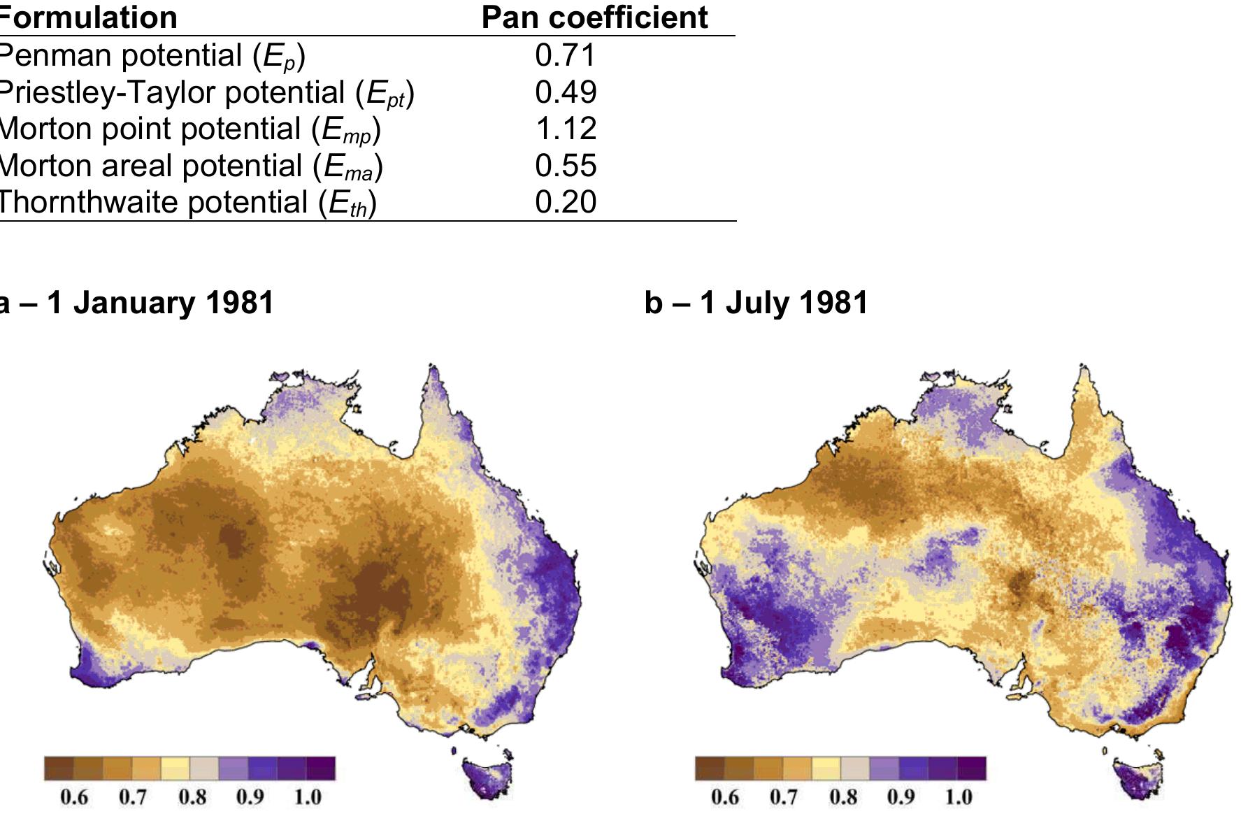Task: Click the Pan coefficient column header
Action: pyautogui.click(x=594, y=17)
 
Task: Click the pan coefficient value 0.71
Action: pyautogui.click(x=565, y=55)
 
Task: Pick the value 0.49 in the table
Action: pyautogui.click(x=565, y=92)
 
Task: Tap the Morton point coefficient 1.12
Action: pyautogui.click(x=565, y=129)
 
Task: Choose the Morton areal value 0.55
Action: pyautogui.click(x=565, y=166)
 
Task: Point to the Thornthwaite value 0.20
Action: pyautogui.click(x=565, y=202)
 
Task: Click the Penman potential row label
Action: pyautogui.click(x=151, y=56)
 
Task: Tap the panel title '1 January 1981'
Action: pyautogui.click(x=136, y=303)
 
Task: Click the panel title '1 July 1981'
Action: pyautogui.click(x=756, y=303)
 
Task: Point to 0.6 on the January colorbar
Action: pyautogui.click(x=74, y=797)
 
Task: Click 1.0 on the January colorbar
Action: pyautogui.click(x=307, y=797)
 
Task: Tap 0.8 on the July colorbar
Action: pyautogui.click(x=843, y=797)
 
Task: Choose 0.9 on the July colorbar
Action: pyautogui.click(x=901, y=797)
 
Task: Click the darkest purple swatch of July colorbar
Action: pyautogui.click(x=972, y=768)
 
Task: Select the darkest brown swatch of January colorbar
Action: pyautogui.click(x=59, y=768)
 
